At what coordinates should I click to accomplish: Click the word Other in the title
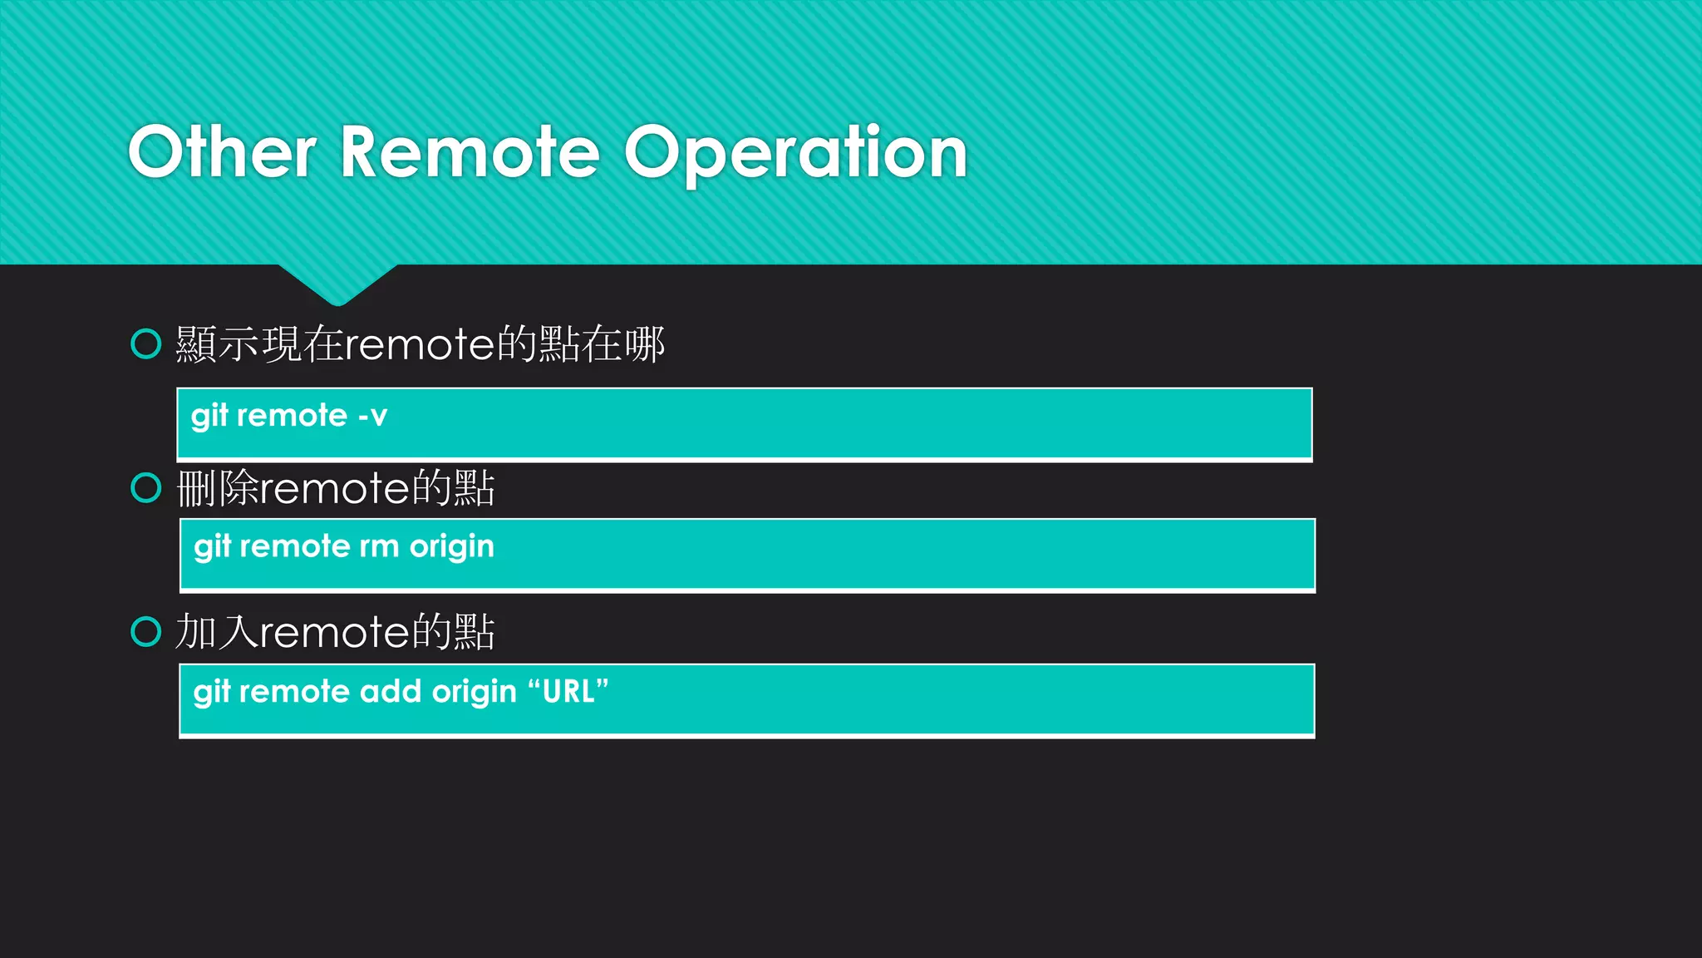[222, 152]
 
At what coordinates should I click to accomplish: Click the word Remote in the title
[470, 152]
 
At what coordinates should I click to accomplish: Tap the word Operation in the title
[795, 154]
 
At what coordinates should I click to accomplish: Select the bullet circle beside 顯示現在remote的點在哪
[146, 343]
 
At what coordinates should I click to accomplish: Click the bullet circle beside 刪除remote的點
[146, 488]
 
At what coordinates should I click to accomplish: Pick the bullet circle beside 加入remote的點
[146, 632]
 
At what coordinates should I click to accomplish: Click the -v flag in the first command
[372, 415]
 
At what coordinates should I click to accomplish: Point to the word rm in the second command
[379, 546]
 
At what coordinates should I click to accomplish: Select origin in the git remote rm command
[451, 548]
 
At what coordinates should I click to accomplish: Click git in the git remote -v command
[209, 416]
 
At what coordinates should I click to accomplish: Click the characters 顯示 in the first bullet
[218, 344]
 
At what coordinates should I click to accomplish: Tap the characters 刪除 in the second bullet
[218, 488]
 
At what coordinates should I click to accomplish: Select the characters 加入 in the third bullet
[218, 632]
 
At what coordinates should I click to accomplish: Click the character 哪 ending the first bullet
[645, 344]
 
